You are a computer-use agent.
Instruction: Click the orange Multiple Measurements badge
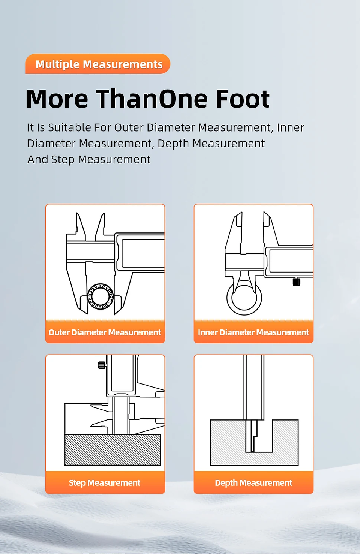97,64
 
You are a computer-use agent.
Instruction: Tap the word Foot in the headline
243,99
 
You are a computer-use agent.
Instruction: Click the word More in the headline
57,99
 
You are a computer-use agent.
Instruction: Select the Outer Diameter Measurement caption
105,332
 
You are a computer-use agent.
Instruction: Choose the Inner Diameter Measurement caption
253,332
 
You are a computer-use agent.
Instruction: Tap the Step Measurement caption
105,483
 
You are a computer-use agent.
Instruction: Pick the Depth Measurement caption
253,483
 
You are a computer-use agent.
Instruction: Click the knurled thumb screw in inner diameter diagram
296,282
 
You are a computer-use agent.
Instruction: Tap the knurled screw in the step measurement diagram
102,365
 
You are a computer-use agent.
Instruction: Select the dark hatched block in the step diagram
112,450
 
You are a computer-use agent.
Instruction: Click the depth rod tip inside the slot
252,451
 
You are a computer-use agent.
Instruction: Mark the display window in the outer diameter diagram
143,253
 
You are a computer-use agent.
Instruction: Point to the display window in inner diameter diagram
291,261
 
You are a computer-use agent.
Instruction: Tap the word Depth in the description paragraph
173,144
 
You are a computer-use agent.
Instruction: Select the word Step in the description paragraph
63,160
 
